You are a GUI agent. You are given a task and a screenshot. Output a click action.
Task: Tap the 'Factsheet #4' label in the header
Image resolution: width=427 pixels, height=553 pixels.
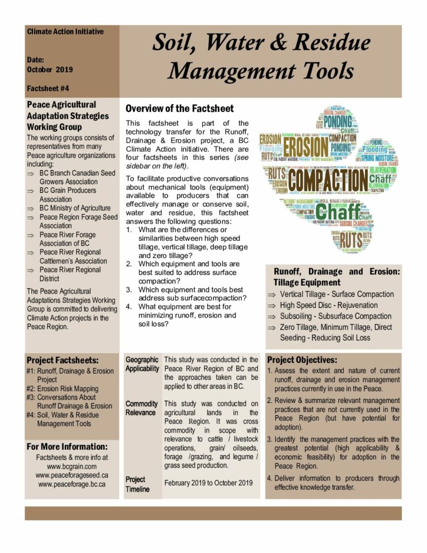(x=48, y=88)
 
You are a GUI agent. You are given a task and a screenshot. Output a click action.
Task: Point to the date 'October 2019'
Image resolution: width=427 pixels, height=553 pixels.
(x=50, y=69)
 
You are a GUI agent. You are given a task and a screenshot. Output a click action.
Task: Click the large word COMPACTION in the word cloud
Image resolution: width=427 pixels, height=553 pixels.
(x=328, y=181)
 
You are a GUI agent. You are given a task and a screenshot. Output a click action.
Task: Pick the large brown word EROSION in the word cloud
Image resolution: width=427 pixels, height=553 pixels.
(x=306, y=146)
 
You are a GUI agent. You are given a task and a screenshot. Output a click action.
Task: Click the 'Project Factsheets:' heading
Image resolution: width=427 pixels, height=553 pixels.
(x=63, y=360)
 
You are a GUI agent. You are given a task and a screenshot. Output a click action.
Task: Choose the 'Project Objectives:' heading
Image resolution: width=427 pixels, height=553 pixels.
(x=302, y=360)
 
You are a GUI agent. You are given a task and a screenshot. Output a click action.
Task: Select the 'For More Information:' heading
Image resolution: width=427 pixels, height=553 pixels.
(x=67, y=447)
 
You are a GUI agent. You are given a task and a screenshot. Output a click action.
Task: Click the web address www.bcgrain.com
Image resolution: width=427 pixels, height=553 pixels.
(x=72, y=466)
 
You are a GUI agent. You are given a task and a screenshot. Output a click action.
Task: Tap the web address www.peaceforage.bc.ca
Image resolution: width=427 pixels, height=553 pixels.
(x=72, y=484)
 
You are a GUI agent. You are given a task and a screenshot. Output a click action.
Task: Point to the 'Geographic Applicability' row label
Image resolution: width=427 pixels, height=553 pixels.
(x=142, y=364)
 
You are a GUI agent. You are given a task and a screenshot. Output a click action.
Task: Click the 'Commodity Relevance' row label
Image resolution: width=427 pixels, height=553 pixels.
(x=141, y=408)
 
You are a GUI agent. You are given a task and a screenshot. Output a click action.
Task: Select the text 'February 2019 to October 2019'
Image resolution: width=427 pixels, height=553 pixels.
(x=208, y=483)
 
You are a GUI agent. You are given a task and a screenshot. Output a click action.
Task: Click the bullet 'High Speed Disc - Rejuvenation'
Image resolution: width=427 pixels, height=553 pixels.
(x=328, y=305)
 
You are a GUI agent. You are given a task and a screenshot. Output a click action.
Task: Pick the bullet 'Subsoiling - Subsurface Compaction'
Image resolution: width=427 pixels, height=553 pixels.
(x=335, y=316)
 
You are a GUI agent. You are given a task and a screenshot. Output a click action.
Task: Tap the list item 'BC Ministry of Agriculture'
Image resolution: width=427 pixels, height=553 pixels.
(x=75, y=208)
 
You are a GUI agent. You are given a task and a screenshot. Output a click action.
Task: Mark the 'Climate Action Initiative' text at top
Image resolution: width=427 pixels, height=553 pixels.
(x=65, y=32)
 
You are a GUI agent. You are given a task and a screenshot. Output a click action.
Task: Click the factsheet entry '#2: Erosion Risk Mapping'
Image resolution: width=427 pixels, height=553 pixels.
(x=62, y=388)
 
